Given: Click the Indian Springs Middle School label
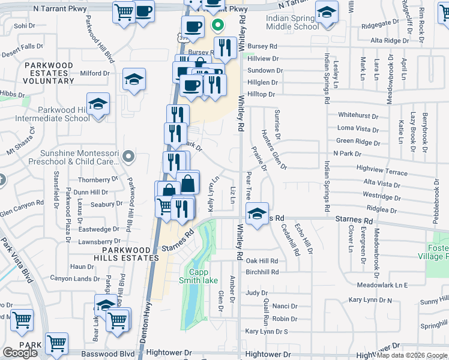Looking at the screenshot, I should click(284, 23).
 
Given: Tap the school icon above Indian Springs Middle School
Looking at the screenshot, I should click(326, 13).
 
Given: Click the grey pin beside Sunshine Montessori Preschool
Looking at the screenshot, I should click(127, 157).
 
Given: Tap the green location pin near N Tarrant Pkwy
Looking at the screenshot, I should click(217, 26).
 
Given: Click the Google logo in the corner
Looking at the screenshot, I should click(20, 353).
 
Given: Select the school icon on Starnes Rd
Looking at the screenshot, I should click(256, 214).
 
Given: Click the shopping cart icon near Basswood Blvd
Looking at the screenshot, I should click(56, 344).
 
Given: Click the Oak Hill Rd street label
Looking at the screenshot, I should click(262, 261).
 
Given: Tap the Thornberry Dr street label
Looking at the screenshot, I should click(98, 179).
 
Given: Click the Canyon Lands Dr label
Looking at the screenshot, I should click(74, 278).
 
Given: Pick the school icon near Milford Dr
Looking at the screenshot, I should click(134, 79).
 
